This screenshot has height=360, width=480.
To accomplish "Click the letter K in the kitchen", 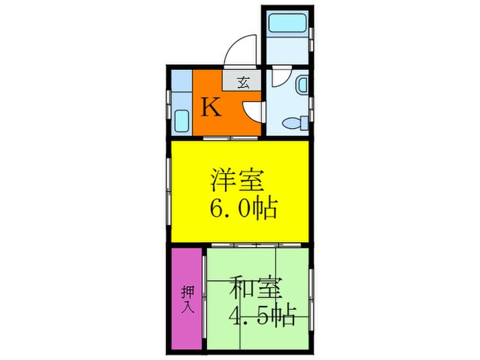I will tap(211, 108).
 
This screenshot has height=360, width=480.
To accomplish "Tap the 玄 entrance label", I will tap(243, 83).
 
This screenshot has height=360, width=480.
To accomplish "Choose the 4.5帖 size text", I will tap(262, 317).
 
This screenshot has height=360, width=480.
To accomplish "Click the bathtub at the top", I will tap(287, 23).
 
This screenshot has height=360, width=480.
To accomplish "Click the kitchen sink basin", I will tap(180, 121).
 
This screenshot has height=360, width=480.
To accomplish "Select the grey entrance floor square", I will tap(243, 82).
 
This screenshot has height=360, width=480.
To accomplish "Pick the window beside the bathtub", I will tap(312, 38).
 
